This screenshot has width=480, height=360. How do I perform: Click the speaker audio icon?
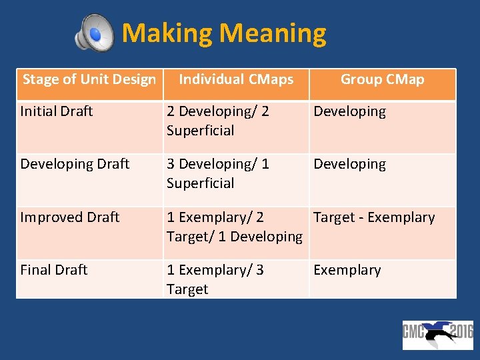pos(94,33)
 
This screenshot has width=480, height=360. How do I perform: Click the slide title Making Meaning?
pos(224,33)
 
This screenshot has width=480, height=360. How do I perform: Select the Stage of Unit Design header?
pos(89,80)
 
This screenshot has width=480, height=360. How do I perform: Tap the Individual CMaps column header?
pos(236,80)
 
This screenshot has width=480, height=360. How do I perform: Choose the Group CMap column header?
pos(382,80)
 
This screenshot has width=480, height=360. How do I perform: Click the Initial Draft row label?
pos(57,111)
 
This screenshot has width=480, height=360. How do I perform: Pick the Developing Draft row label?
pos(75,164)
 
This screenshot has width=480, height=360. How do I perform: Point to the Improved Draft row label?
pos(70,217)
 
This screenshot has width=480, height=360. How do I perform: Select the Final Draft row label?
pos(54,270)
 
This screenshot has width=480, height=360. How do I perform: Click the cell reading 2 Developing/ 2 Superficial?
pos(217,121)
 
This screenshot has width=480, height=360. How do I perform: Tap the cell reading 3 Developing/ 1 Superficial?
pos(217,173)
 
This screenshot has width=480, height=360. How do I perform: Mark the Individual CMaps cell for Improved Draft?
pos(235,227)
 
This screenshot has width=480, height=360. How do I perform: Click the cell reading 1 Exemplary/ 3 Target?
pos(215,279)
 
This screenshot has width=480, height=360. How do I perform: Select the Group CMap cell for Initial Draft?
pos(349,111)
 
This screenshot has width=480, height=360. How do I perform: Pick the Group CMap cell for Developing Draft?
pos(349,164)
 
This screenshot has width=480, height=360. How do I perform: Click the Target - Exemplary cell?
pos(374,217)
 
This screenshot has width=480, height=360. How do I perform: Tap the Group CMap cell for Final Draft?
pos(347,270)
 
